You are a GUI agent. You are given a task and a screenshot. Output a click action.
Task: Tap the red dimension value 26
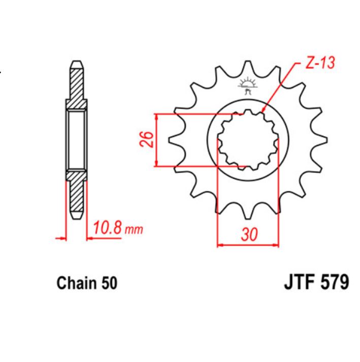point(146,139)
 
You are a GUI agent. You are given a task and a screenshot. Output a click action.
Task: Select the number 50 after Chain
point(109,283)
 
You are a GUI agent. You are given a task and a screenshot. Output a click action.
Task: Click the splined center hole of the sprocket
point(248,139)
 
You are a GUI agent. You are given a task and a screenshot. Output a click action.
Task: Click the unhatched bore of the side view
point(76,139)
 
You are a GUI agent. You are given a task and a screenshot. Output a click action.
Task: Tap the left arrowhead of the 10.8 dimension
point(64,237)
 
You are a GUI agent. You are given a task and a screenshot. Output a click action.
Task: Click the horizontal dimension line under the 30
point(248,245)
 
